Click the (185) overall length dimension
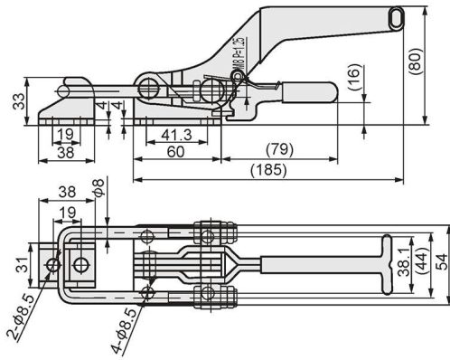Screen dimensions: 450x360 click(268, 170)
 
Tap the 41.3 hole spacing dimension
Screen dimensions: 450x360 click(176, 135)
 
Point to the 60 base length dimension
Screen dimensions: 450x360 click(175, 151)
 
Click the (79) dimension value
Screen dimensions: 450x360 click(279, 149)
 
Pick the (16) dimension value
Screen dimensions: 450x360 click(354, 77)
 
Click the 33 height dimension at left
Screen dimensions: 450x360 click(18, 101)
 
